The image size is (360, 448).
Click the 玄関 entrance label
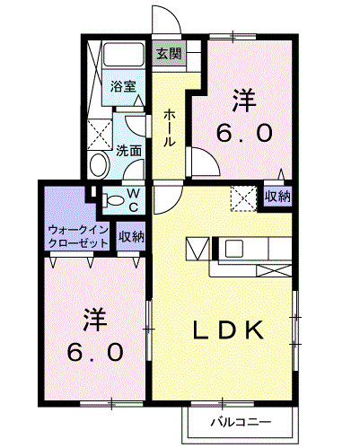(x=170, y=53)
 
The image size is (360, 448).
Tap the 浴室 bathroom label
(x=123, y=87)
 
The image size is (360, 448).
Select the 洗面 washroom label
(x=128, y=150)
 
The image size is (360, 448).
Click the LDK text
(x=229, y=329)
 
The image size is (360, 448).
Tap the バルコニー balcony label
(x=240, y=420)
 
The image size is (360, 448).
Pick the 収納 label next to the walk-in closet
(x=132, y=237)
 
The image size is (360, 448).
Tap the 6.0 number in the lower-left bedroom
(x=92, y=351)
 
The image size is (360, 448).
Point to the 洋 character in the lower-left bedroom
(x=92, y=319)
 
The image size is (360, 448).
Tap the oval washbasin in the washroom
(x=99, y=164)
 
